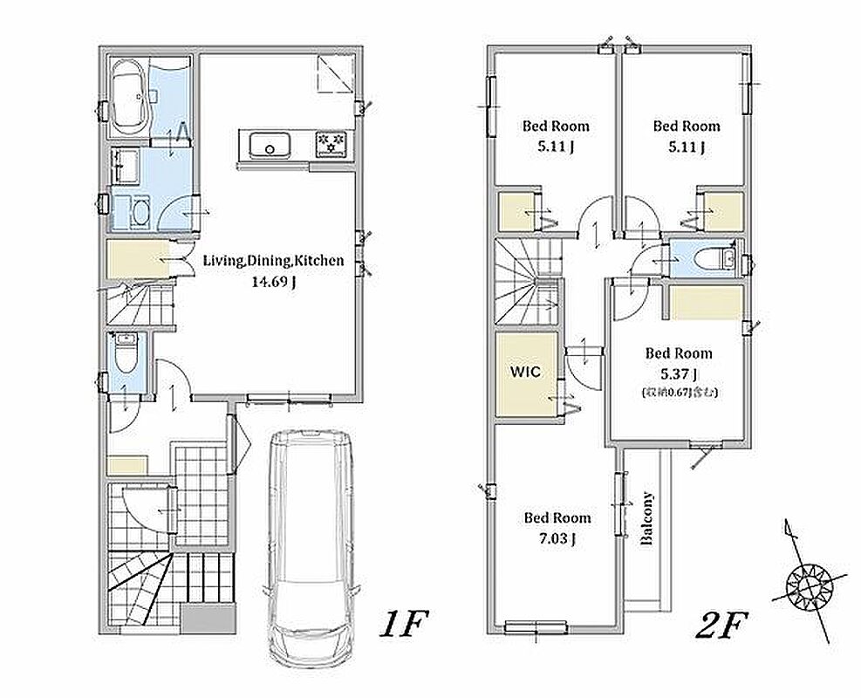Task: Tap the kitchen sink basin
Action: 270,145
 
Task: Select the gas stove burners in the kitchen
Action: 331,142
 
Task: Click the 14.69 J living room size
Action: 273,283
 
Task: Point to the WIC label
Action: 525,372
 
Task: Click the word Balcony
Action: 648,518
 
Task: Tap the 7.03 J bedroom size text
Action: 557,538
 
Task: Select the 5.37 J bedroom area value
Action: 680,374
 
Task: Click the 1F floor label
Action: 404,625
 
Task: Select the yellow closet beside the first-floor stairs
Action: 138,259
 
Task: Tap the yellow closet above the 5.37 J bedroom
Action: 707,303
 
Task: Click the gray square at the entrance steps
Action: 208,618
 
